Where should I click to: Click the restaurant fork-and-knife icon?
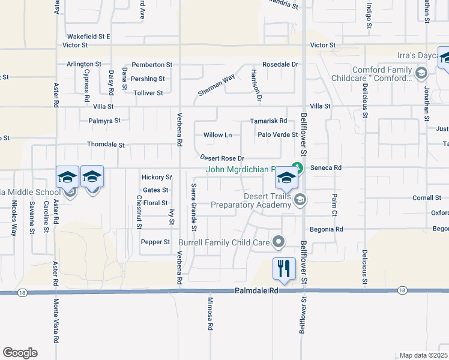[x=284, y=268]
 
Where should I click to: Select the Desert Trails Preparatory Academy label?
[x=251, y=200]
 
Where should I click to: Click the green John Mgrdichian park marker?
[x=295, y=168]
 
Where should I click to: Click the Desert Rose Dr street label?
[x=221, y=158]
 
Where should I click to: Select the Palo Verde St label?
[x=277, y=134]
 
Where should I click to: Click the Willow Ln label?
[x=217, y=135]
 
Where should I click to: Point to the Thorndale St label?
[x=106, y=145]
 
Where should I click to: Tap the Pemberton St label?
[x=152, y=64]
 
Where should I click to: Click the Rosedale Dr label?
[x=280, y=64]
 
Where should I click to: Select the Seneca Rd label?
[x=329, y=168]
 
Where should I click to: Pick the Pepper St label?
[x=155, y=242]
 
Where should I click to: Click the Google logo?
[x=20, y=353]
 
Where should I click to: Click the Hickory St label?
[x=156, y=178]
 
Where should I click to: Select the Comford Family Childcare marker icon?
[x=421, y=74]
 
